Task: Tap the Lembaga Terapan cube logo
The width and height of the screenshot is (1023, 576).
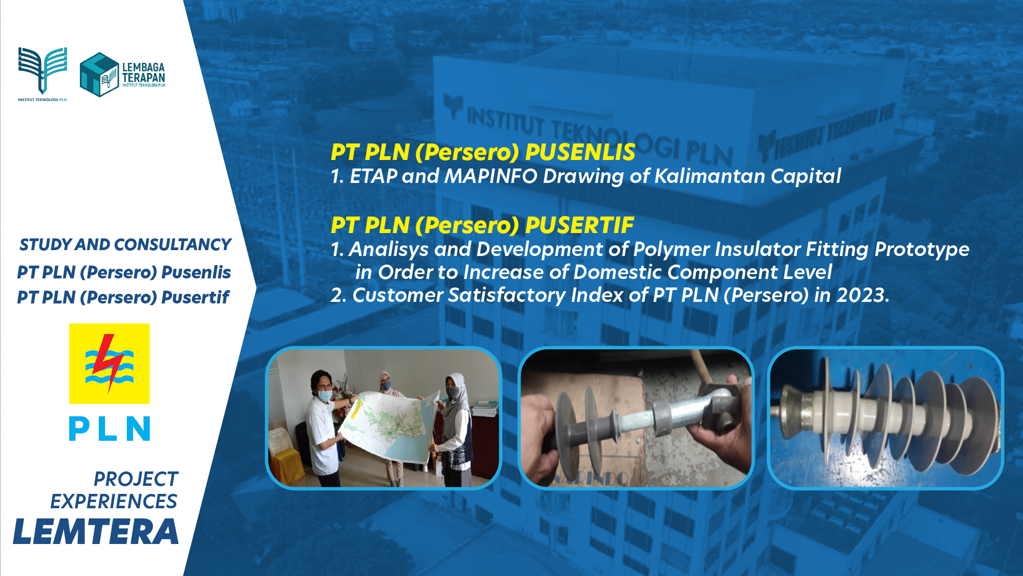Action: [x=99, y=75]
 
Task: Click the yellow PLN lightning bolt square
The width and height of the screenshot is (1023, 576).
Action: [x=109, y=364]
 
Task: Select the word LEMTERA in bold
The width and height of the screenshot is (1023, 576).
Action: [x=96, y=532]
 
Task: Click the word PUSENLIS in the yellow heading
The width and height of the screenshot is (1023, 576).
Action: [x=580, y=152]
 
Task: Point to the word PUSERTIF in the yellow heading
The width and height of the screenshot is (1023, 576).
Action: [x=580, y=225]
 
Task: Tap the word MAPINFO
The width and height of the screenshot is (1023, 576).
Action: [x=491, y=176]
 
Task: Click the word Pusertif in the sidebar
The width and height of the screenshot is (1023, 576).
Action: [x=195, y=297]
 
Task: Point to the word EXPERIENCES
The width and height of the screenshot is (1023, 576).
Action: [x=113, y=501]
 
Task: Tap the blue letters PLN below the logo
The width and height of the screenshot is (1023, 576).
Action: [x=109, y=429]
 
